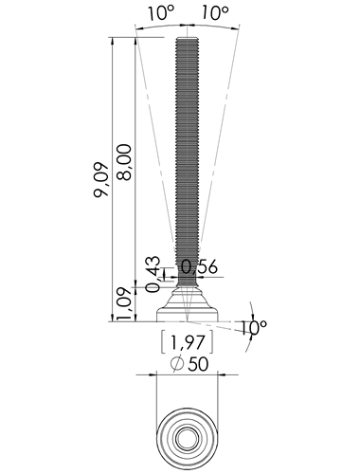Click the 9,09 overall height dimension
[101, 180]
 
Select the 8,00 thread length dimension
[124, 162]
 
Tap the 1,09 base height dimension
[124, 303]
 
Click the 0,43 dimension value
[153, 274]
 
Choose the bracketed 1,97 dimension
[188, 342]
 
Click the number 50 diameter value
[198, 364]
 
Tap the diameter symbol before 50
[177, 364]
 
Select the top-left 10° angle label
[161, 13]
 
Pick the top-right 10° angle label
[215, 13]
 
